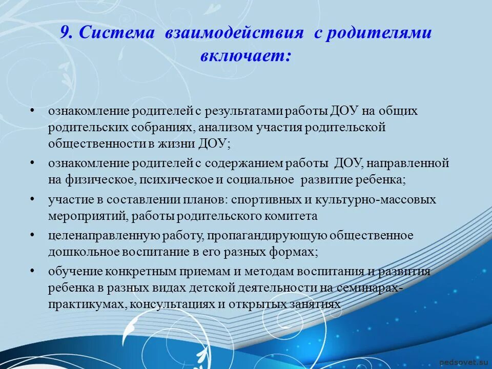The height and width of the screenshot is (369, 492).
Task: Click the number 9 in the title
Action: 65,33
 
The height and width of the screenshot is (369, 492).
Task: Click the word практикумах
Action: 87,304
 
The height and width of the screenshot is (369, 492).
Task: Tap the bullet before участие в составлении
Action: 32,198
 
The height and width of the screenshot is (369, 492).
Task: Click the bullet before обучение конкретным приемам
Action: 32,271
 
